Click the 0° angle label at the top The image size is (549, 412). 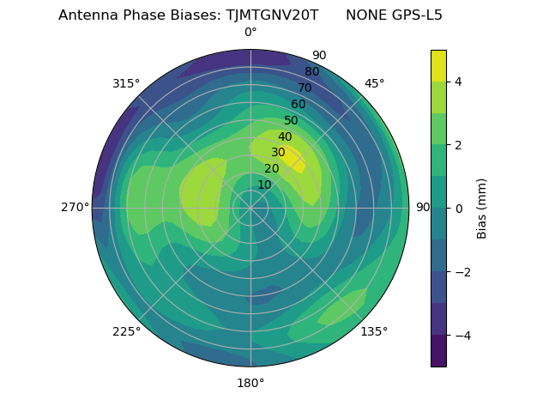point(250,33)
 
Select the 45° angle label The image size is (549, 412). point(374,83)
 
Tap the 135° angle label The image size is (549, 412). point(374,331)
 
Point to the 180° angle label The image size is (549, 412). point(250,383)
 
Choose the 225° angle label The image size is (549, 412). point(126,331)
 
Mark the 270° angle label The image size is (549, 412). point(75,207)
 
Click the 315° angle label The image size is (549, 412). point(126,83)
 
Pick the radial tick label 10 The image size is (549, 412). point(264,185)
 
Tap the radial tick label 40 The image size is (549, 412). point(285,136)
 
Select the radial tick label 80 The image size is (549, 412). point(311,71)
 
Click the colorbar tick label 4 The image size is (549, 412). point(459,82)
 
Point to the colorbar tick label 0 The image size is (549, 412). point(459,208)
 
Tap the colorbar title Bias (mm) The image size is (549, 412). point(482,209)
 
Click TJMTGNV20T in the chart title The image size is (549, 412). point(272,15)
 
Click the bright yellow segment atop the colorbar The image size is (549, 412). point(438,66)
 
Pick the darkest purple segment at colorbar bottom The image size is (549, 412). point(438,351)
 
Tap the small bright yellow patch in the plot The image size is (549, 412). point(292,158)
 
